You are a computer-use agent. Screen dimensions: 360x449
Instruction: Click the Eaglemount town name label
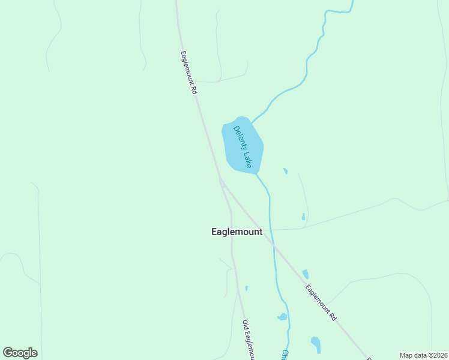237,232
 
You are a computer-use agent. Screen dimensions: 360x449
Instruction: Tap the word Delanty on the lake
240,139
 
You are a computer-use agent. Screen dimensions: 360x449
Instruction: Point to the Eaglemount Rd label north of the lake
188,72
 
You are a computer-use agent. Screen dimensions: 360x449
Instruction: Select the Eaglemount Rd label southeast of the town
320,302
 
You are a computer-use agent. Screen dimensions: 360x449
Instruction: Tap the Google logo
20,353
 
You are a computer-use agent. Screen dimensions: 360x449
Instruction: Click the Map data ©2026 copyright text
423,355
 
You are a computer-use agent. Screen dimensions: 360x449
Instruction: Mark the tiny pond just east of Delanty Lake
285,171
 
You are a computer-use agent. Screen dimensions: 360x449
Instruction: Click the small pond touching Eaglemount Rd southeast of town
306,274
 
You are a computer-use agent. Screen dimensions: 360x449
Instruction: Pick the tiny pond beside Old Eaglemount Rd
246,288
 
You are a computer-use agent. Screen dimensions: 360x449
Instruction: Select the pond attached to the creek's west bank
282,317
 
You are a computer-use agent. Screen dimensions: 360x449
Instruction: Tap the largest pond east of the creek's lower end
316,344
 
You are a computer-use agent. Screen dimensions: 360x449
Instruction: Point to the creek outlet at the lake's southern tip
257,174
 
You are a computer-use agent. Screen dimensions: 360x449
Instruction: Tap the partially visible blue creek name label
285,355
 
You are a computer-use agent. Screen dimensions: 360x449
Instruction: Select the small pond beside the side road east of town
303,217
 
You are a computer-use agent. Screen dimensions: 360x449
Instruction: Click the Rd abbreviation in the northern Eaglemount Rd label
194,91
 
